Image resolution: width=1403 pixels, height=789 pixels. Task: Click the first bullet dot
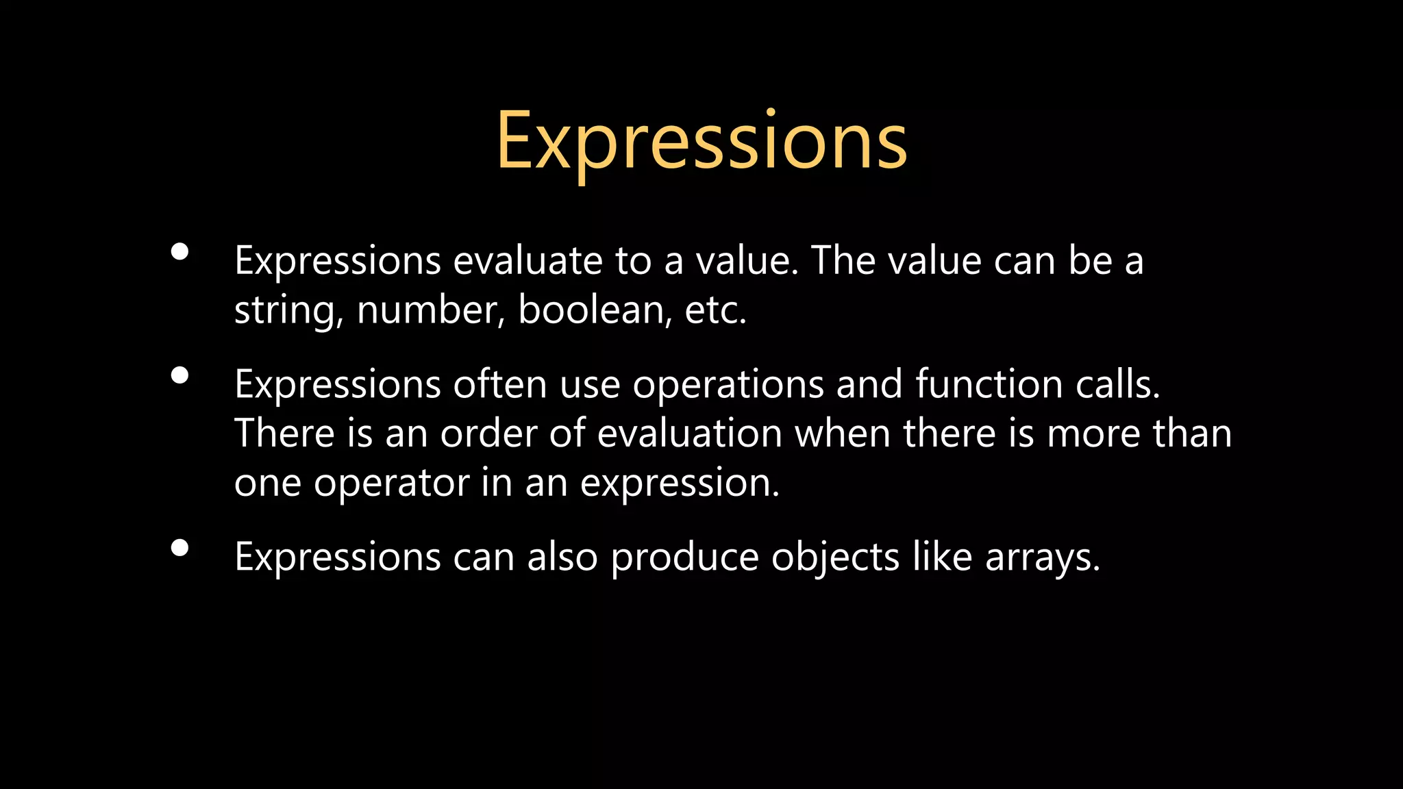pos(180,252)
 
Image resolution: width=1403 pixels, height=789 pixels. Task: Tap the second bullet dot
pos(180,375)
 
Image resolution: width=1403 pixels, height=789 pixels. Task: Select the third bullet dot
pos(180,548)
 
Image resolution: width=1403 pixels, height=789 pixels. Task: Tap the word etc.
pos(715,310)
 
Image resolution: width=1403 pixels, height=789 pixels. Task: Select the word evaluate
pos(527,261)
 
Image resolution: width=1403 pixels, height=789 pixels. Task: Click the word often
pos(499,384)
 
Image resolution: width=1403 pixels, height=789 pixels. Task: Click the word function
pos(989,384)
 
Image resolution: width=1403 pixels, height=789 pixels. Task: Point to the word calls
pos(1117,384)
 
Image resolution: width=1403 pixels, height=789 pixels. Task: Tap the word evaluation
pos(689,434)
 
